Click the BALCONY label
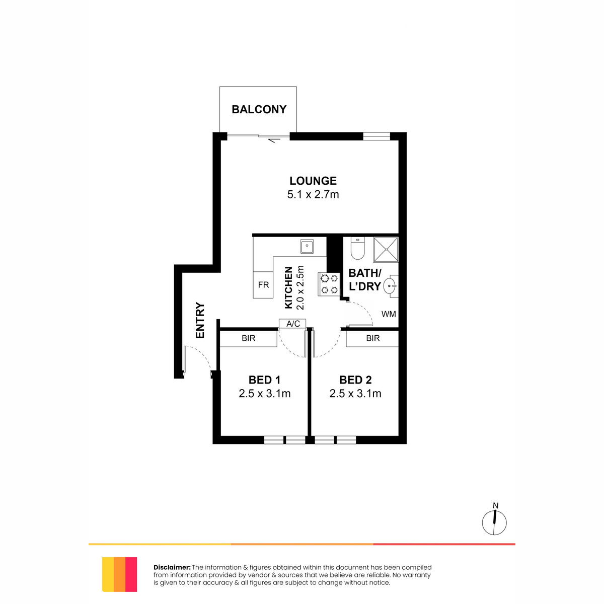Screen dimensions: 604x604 tap(259, 109)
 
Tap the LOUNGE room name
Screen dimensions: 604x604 tap(313, 181)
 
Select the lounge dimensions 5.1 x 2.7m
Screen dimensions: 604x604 tap(313, 195)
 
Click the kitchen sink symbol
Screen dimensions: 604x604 tap(307, 246)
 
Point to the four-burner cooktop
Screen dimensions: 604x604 tap(329, 284)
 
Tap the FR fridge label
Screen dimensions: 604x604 tap(263, 284)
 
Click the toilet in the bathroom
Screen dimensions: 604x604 tap(358, 248)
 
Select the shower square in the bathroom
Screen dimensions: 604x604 tap(386, 250)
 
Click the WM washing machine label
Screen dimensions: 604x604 tap(389, 314)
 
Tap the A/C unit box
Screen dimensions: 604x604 tap(292, 324)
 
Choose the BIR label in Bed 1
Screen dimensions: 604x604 tap(248, 338)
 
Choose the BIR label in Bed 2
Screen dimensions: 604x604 tap(372, 338)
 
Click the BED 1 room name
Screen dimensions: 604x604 tap(264, 380)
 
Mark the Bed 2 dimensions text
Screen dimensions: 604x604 tap(355, 394)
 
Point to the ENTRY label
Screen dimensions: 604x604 tap(200, 320)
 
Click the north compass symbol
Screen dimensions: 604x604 tap(494, 522)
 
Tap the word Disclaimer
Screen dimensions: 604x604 tap(172, 567)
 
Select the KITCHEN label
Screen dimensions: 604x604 tap(288, 288)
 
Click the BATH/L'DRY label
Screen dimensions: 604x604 tap(365, 279)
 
